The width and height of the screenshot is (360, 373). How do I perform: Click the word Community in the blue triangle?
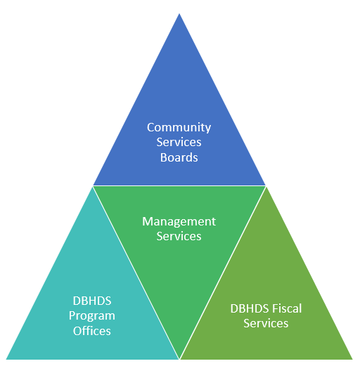point(179,128)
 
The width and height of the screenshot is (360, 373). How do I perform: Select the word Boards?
point(179,157)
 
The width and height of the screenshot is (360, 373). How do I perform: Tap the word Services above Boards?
point(179,142)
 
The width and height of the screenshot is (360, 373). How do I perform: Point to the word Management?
point(179,223)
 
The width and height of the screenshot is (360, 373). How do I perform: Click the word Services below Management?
point(179,236)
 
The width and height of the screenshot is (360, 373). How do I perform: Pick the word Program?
point(92,317)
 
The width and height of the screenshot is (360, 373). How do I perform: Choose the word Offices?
point(92,331)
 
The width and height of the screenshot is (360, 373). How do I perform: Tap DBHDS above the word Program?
point(92,301)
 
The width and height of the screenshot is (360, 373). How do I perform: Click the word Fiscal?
point(287,308)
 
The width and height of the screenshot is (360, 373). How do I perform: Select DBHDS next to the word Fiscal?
point(250,308)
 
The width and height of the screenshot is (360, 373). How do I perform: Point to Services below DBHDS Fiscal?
point(266,323)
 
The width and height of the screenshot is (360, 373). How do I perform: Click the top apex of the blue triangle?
point(179,14)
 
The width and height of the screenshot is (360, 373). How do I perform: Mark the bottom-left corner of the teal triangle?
point(6,359)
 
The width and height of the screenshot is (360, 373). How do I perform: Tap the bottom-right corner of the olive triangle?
point(353,359)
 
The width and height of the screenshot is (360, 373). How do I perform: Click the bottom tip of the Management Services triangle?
point(179,359)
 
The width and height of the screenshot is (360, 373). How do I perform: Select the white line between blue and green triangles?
point(179,185)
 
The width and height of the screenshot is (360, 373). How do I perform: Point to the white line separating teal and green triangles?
point(136,273)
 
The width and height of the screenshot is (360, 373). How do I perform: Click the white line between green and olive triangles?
point(223,273)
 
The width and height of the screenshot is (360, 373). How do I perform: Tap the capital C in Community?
point(150,127)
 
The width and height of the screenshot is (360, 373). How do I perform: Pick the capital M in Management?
point(147,222)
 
